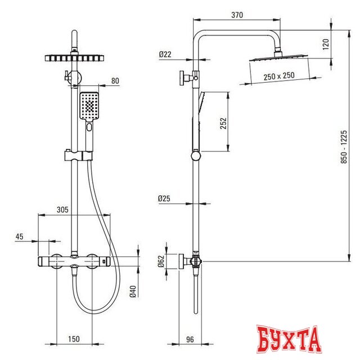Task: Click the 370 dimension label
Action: (x=237, y=15)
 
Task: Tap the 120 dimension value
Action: (x=326, y=44)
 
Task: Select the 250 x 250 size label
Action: (x=279, y=76)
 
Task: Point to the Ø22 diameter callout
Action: (x=165, y=55)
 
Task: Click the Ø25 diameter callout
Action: (x=164, y=199)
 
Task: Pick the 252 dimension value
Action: (x=223, y=123)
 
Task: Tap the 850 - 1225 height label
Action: (x=344, y=147)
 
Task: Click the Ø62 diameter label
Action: (x=161, y=261)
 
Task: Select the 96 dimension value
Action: (x=190, y=339)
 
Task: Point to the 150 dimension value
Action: (x=74, y=339)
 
